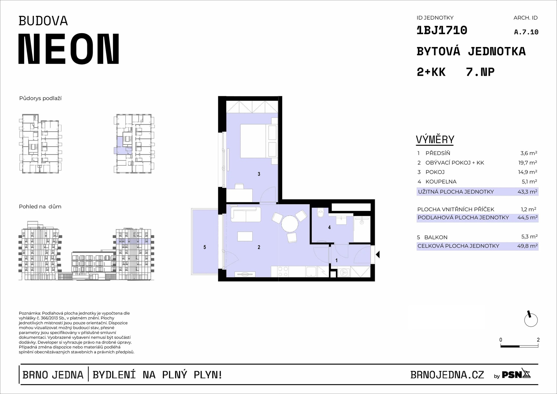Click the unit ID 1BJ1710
442,30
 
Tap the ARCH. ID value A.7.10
526,32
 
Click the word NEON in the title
69,49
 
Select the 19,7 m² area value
527,162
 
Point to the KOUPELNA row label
441,182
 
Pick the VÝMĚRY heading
435,140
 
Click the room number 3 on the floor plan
259,174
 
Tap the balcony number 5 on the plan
205,247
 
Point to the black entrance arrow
378,255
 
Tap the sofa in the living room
246,214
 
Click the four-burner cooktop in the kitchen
283,272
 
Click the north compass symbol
531,319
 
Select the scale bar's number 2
538,340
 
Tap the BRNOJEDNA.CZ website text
447,375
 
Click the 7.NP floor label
480,72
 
